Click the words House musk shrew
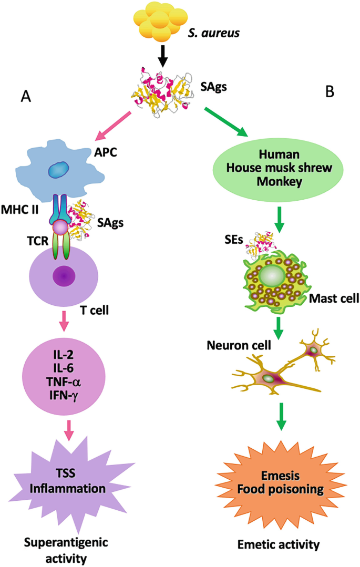(x=279, y=169)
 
